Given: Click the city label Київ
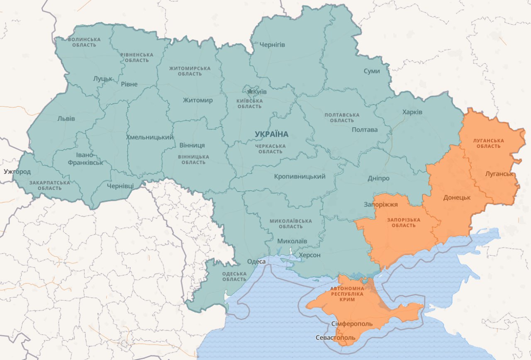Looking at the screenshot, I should point(260,91).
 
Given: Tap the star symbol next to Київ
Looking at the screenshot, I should point(250,91).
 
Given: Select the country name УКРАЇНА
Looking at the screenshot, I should point(271,134).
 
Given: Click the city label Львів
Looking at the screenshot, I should point(66,119).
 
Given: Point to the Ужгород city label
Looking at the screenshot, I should point(17,171).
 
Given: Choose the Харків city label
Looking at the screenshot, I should point(412,112).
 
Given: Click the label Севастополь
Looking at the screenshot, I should point(335,338).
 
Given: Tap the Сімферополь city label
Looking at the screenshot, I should point(352,324).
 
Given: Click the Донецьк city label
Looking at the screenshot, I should point(457,197).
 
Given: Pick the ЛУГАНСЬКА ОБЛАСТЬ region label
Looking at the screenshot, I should point(488,143).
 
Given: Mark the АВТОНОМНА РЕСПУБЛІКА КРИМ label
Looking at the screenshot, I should point(347,294).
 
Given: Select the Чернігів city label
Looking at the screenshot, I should point(272,45).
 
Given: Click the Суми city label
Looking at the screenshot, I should point(371,71).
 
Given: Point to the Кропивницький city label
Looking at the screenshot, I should point(300,177).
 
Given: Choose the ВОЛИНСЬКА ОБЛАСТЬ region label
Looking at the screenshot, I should point(84,42).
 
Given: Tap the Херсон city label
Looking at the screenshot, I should point(309,255).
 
